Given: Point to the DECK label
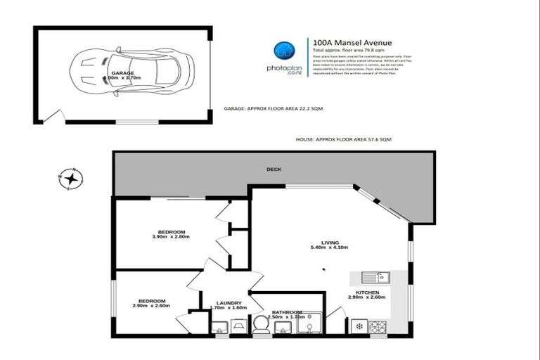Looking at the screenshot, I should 274,169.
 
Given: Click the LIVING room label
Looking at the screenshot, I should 330,242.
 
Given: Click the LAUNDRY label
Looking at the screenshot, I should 229,302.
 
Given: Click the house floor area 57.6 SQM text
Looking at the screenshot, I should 343,140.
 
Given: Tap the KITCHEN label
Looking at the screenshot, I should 368,292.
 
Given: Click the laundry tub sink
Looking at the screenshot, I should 219,326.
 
